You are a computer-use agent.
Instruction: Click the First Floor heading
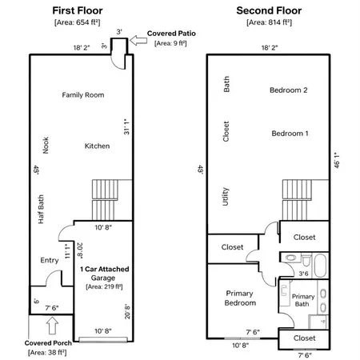coord(78,10)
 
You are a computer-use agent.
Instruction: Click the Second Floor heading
coord(269,10)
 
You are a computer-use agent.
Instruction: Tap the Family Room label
coord(83,95)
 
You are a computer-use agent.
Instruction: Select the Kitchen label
coord(97,146)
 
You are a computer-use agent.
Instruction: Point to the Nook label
coord(46,146)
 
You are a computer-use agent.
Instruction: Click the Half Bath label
coord(41,210)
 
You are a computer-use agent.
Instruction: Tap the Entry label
coord(50,260)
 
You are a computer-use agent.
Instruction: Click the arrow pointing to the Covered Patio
coord(138,41)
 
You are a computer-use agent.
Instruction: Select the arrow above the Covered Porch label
coord(52,326)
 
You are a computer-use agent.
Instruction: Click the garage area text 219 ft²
coord(104,286)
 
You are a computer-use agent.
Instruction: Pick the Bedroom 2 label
coord(289,90)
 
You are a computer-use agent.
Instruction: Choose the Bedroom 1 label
coord(290,134)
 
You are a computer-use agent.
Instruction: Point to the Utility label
coord(226,197)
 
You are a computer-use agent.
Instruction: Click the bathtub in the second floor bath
coord(320,266)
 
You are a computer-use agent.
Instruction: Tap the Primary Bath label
coord(303,300)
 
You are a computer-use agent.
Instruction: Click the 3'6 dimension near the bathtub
coord(303,274)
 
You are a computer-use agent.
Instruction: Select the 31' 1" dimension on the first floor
coord(126,126)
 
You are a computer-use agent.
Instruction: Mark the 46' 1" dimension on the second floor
coord(337,160)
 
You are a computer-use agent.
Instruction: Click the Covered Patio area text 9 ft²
coord(170,43)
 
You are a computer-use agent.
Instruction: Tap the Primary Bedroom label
coord(240,298)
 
